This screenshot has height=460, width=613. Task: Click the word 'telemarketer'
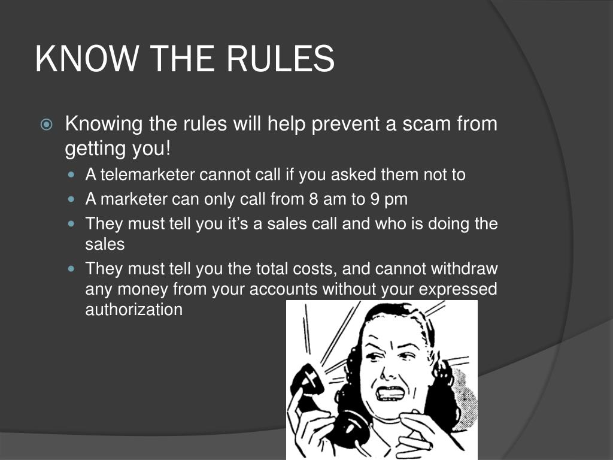coord(148,174)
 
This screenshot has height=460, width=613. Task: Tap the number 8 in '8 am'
coord(314,199)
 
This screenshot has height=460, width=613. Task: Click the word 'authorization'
coord(133,309)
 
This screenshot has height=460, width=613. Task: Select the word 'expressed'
coord(458,289)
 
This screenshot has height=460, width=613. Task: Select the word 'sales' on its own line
coord(105,244)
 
